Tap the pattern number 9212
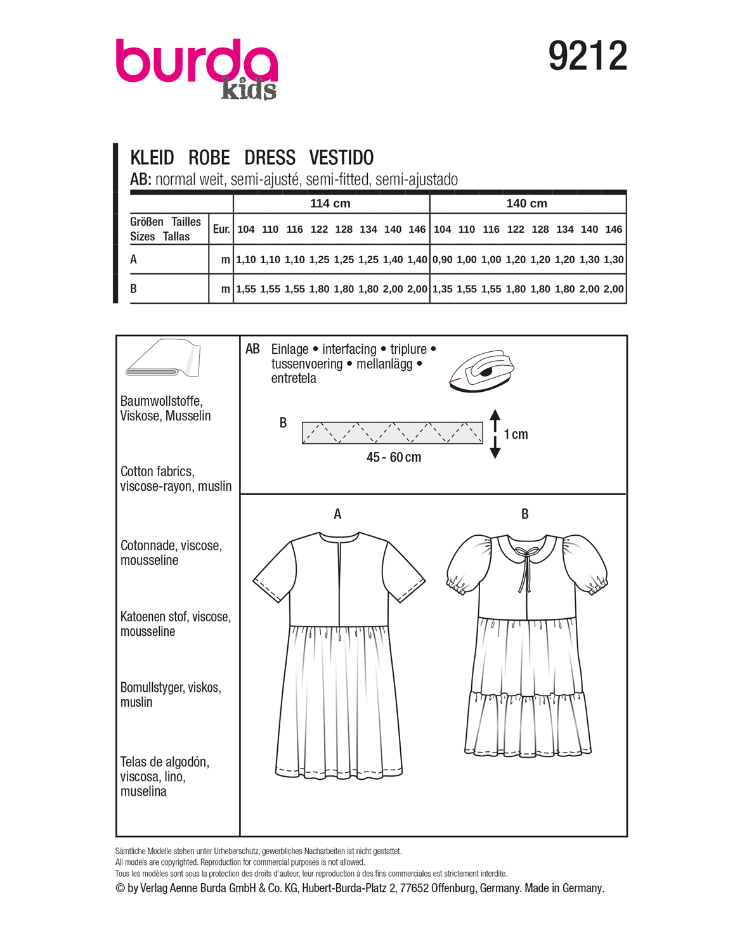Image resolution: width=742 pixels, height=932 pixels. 587,56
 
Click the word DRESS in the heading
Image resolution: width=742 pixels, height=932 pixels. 270,157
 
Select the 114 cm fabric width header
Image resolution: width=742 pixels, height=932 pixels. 330,204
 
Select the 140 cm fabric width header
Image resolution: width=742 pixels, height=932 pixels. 526,204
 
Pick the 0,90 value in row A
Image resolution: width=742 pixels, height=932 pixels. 442,259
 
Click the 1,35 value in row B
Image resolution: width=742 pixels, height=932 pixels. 442,289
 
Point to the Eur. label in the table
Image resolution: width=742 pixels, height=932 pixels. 221,229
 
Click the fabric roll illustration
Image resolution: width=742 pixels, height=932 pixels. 163,359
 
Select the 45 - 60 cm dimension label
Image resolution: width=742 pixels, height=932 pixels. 393,457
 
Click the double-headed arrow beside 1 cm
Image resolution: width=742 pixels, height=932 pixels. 495,434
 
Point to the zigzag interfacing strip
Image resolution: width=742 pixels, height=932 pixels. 392,433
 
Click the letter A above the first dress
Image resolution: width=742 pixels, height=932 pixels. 337,514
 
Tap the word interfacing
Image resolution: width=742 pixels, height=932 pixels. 349,349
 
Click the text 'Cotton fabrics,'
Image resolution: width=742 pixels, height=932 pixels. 157,471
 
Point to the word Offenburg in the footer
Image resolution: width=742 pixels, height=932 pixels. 453,888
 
